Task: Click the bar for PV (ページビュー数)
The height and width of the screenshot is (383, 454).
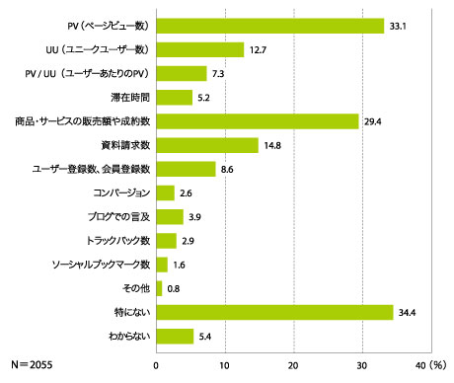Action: tap(269, 26)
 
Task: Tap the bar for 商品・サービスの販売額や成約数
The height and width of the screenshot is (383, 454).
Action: tap(257, 120)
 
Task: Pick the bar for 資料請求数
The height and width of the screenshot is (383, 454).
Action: tap(206, 145)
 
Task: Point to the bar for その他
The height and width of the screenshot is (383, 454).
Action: tap(159, 288)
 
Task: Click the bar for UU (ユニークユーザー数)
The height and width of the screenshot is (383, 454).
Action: tap(199, 49)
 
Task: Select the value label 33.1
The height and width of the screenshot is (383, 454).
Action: tap(399, 26)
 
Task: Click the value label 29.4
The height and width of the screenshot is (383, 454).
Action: tap(374, 120)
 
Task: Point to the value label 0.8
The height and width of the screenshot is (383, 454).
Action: tap(174, 288)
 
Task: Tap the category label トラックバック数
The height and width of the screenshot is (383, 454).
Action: tap(117, 240)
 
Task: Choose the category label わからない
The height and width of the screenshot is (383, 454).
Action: tap(125, 336)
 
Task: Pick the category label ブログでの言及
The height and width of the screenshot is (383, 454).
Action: tap(118, 216)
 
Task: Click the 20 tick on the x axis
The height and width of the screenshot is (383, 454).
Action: tap(293, 364)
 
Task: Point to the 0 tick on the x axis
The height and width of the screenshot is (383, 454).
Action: tap(156, 364)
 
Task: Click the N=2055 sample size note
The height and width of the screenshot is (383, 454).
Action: tap(31, 364)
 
